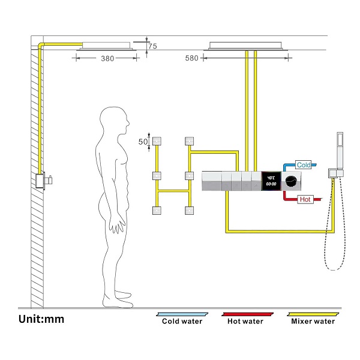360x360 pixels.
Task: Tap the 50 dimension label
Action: click(x=143, y=142)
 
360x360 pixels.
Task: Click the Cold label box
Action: click(x=304, y=164)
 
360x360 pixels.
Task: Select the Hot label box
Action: click(x=305, y=199)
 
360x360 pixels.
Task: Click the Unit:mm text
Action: click(x=41, y=319)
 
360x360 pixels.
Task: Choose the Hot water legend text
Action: click(x=245, y=321)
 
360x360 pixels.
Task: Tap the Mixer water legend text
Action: click(x=312, y=321)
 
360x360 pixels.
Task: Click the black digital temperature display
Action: click(x=270, y=181)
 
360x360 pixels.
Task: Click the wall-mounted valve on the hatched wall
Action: click(x=42, y=181)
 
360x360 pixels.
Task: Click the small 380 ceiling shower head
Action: click(x=106, y=44)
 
